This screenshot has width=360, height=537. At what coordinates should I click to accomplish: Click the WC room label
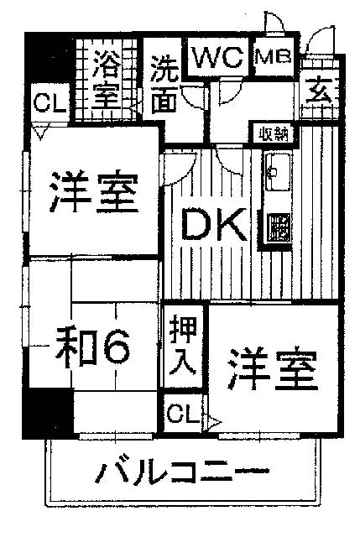[x=218, y=58]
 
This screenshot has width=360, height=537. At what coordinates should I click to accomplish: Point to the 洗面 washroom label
[x=164, y=85]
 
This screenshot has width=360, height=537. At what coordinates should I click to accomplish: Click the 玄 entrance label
[x=319, y=91]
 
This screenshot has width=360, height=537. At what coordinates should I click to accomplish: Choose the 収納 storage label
[x=273, y=134]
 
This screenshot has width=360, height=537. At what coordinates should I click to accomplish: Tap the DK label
[x=214, y=224]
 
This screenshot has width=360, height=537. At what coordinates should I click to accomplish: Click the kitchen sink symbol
[x=278, y=171]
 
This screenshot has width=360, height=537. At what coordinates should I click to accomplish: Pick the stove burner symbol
[x=279, y=227]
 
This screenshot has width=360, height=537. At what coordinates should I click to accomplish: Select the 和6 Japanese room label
[x=93, y=347]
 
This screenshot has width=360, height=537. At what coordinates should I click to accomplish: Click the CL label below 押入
[x=183, y=414]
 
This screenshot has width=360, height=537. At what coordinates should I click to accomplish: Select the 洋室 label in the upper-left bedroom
[x=93, y=191]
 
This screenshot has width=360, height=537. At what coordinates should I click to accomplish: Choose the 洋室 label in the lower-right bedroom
[x=273, y=369]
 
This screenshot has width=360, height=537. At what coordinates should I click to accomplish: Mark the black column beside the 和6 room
[x=48, y=414]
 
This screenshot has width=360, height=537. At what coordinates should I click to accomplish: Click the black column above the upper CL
[x=49, y=58]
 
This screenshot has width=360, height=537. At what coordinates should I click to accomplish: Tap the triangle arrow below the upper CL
[x=41, y=132]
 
